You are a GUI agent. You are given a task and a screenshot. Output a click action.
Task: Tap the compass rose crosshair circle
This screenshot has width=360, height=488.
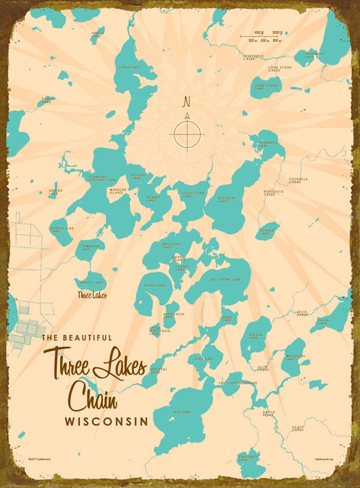[187, 133]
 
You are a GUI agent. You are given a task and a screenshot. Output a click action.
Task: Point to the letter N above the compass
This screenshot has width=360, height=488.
[186, 101]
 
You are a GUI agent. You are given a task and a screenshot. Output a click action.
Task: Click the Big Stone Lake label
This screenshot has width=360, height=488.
[225, 279]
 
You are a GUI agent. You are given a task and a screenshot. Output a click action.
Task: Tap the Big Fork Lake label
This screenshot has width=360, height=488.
[227, 199]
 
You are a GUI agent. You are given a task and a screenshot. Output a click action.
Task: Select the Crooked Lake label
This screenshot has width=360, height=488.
[247, 458]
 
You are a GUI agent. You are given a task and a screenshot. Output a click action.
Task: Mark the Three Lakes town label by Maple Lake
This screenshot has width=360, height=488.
[92, 295]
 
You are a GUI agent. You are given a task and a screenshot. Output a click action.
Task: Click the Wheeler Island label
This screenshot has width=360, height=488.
[116, 191]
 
